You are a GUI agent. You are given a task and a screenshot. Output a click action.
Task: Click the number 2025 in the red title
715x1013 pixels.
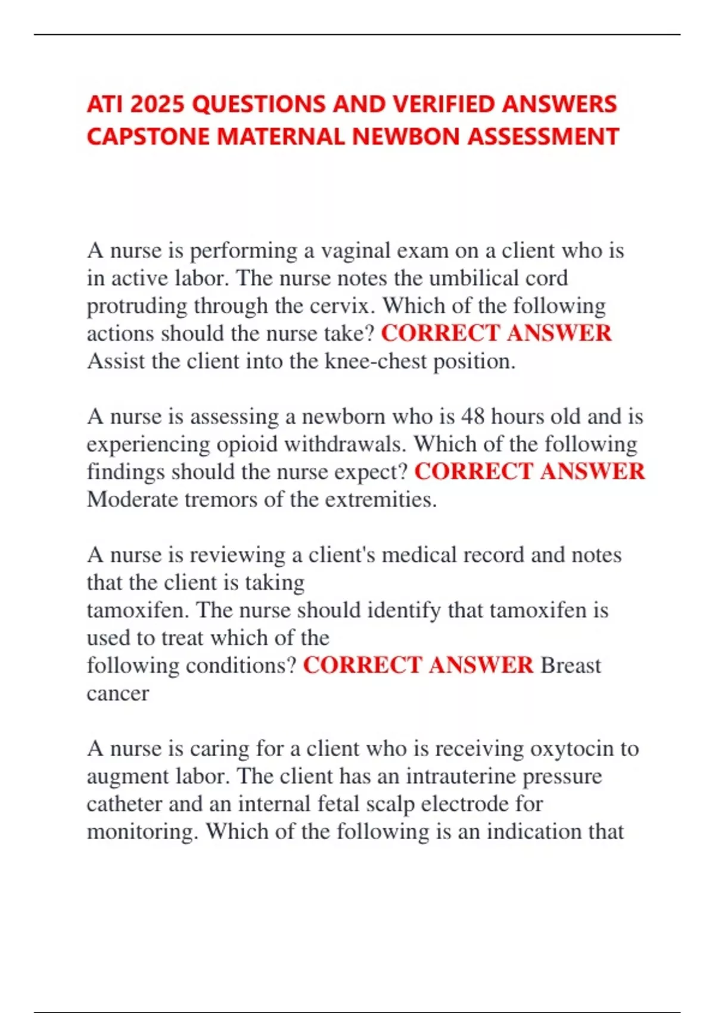click(157, 105)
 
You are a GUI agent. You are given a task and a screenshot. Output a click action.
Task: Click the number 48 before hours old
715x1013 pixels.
click(473, 417)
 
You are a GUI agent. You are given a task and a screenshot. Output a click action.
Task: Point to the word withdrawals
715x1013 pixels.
click(345, 445)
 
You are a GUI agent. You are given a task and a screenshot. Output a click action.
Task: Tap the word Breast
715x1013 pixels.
click(571, 666)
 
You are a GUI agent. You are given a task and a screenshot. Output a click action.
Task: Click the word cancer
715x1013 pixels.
click(117, 694)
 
